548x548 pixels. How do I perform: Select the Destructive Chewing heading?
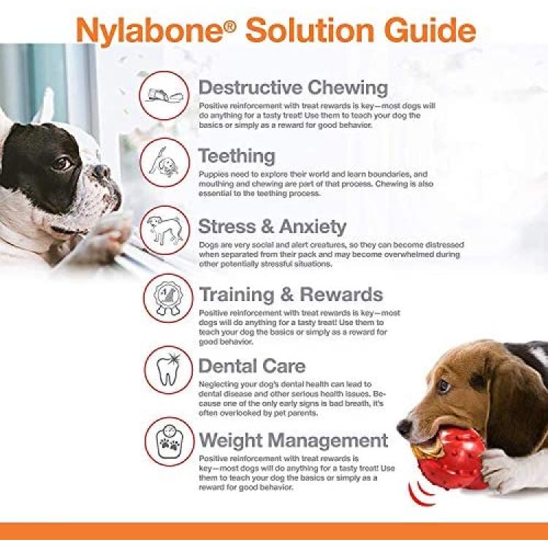pos(293,88)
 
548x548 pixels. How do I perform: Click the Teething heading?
pos(237,156)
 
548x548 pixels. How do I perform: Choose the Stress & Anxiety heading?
pos(273,227)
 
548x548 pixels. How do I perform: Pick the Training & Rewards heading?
pos(291,294)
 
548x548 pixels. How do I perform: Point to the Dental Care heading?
pos(252,366)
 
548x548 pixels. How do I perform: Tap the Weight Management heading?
pos(294,440)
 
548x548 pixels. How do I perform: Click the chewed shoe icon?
pos(164,95)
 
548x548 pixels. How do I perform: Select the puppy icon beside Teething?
pos(164,162)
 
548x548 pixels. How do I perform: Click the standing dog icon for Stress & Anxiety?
pos(165,230)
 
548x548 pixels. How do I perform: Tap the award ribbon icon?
pos(168,298)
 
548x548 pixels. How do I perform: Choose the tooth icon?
pos(169,370)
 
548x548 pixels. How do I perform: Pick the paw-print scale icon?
pos(170,441)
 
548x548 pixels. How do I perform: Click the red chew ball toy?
pos(451,459)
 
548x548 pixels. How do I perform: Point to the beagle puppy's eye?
pos(444,387)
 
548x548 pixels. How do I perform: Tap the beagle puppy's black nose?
pos(405,427)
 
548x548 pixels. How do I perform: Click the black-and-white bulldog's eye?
pos(62,163)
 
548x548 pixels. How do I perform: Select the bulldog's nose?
pos(102,172)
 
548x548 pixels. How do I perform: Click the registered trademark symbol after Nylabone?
pos(229,26)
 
